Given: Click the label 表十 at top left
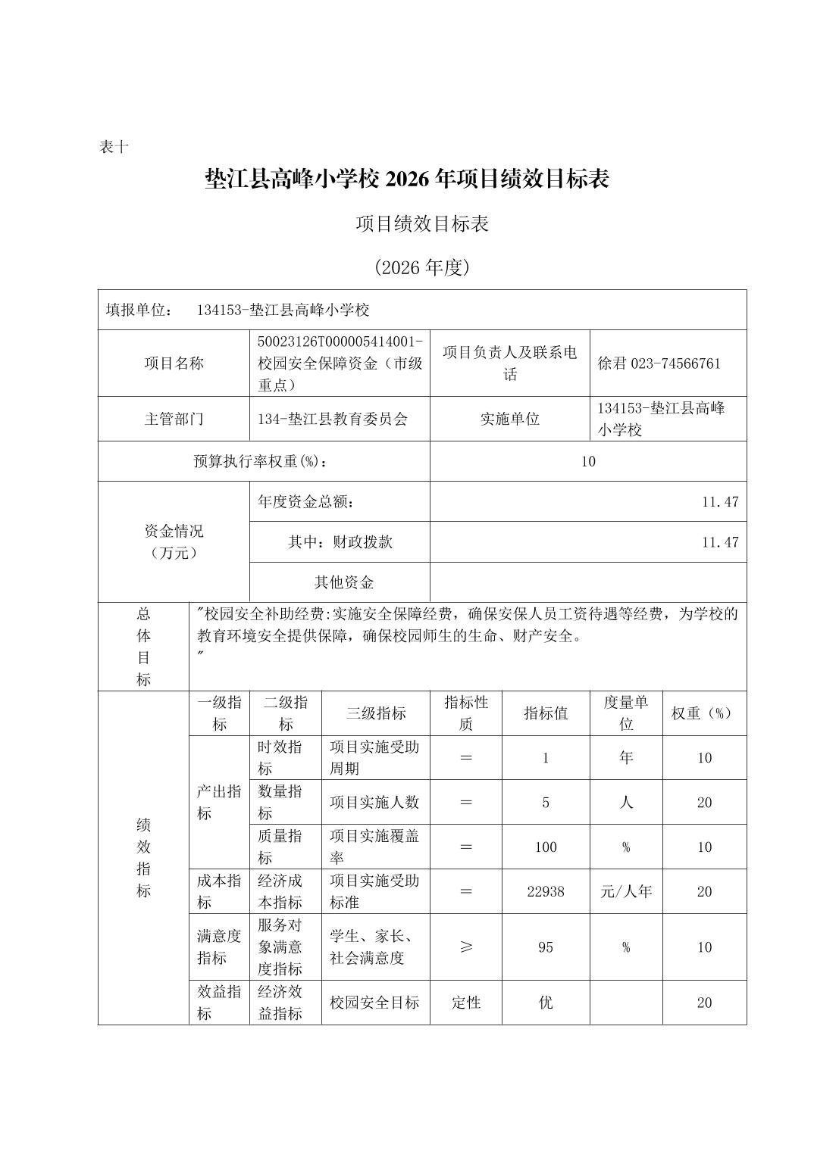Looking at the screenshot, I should pyautogui.click(x=114, y=147).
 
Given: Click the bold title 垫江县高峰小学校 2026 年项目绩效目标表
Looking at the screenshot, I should pyautogui.click(x=407, y=179).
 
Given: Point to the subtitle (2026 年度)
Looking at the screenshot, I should pyautogui.click(x=422, y=267).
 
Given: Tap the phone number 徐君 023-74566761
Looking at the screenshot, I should pyautogui.click(x=659, y=363).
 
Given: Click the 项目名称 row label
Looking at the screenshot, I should pyautogui.click(x=174, y=363).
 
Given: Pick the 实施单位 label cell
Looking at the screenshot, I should pyautogui.click(x=509, y=419).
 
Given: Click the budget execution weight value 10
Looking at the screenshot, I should pyautogui.click(x=588, y=461).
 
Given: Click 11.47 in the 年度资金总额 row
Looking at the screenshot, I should pyautogui.click(x=719, y=501).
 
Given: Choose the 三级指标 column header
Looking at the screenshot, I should pyautogui.click(x=376, y=713).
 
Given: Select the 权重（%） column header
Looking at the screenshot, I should pyautogui.click(x=704, y=713).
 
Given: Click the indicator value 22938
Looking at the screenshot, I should pyautogui.click(x=546, y=891).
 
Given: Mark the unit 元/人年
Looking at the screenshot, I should pyautogui.click(x=626, y=891).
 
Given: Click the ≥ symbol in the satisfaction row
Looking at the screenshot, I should pyautogui.click(x=466, y=947).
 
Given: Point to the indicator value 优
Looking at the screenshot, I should pyautogui.click(x=546, y=1003).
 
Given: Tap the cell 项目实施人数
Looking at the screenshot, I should pyautogui.click(x=374, y=803).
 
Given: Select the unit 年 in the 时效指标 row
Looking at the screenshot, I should pyautogui.click(x=626, y=758).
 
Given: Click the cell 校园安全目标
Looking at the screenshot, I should pyautogui.click(x=374, y=1003).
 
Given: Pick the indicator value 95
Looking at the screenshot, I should pyautogui.click(x=546, y=947).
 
